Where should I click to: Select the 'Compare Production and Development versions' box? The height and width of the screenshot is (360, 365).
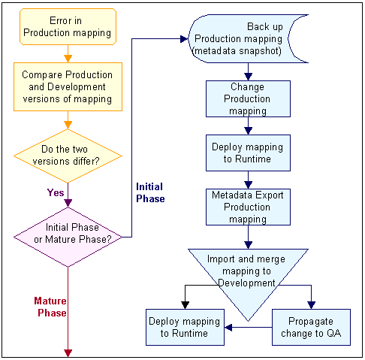pyautogui.click(x=68, y=87)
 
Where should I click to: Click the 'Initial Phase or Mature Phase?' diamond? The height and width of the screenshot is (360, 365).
pyautogui.click(x=68, y=233)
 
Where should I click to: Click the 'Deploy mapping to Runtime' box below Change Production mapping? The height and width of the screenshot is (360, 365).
pyautogui.click(x=248, y=153)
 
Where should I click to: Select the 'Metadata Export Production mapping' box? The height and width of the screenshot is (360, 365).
pyautogui.click(x=248, y=207)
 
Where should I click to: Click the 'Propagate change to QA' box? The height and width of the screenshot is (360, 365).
pyautogui.click(x=310, y=328)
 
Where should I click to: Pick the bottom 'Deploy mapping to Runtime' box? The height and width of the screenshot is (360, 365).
pyautogui.click(x=184, y=328)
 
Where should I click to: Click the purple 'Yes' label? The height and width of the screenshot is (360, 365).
pyautogui.click(x=55, y=192)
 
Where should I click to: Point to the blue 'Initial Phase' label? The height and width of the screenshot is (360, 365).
pyautogui.click(x=149, y=192)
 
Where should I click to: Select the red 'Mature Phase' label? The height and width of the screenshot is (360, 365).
pyautogui.click(x=50, y=307)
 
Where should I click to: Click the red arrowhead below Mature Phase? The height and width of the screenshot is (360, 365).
pyautogui.click(x=68, y=351)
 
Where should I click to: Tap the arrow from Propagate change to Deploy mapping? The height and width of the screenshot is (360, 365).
pyautogui.click(x=248, y=328)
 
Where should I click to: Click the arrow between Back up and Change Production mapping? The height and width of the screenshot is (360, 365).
pyautogui.click(x=248, y=73)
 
